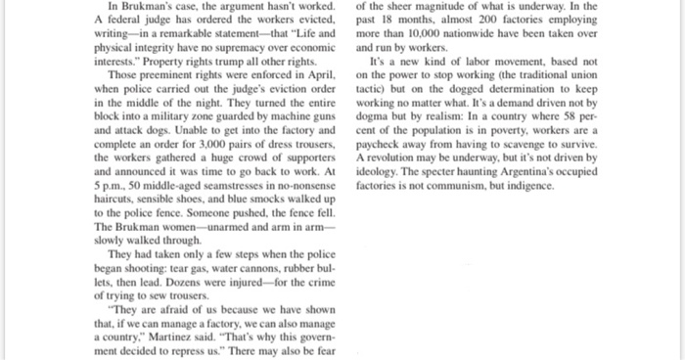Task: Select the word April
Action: point(324,73)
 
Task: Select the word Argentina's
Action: point(586,168)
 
